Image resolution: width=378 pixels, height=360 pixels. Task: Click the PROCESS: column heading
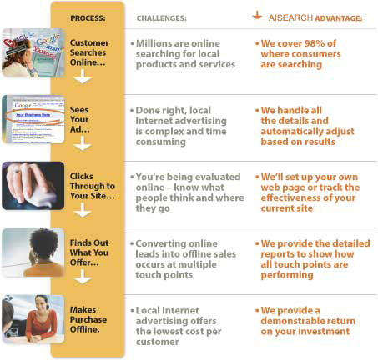pyautogui.click(x=88, y=18)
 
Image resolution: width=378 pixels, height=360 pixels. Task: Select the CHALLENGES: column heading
pyautogui.click(x=162, y=18)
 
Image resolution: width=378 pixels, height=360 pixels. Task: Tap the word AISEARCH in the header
pyautogui.click(x=290, y=18)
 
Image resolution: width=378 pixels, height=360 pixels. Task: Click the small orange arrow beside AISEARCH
pyautogui.click(x=257, y=15)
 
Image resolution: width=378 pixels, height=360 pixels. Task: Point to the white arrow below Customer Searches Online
pyautogui.click(x=83, y=77)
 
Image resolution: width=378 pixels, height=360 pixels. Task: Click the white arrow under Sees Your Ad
pyautogui.click(x=83, y=143)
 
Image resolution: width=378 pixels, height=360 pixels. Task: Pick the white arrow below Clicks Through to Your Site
pyautogui.click(x=83, y=210)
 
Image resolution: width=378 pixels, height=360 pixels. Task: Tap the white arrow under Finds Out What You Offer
pyautogui.click(x=83, y=277)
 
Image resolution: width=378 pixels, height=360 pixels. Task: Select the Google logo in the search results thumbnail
pyautogui.click(x=23, y=105)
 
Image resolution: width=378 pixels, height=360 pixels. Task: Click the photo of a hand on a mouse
pyautogui.click(x=33, y=186)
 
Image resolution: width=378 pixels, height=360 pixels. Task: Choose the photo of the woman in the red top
pyautogui.click(x=33, y=319)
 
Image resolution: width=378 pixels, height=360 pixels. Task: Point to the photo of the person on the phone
pyautogui.click(x=33, y=252)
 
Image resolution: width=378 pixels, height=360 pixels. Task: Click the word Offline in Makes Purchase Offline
pyautogui.click(x=85, y=329)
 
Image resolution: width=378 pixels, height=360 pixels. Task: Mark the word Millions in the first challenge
pyautogui.click(x=154, y=43)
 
